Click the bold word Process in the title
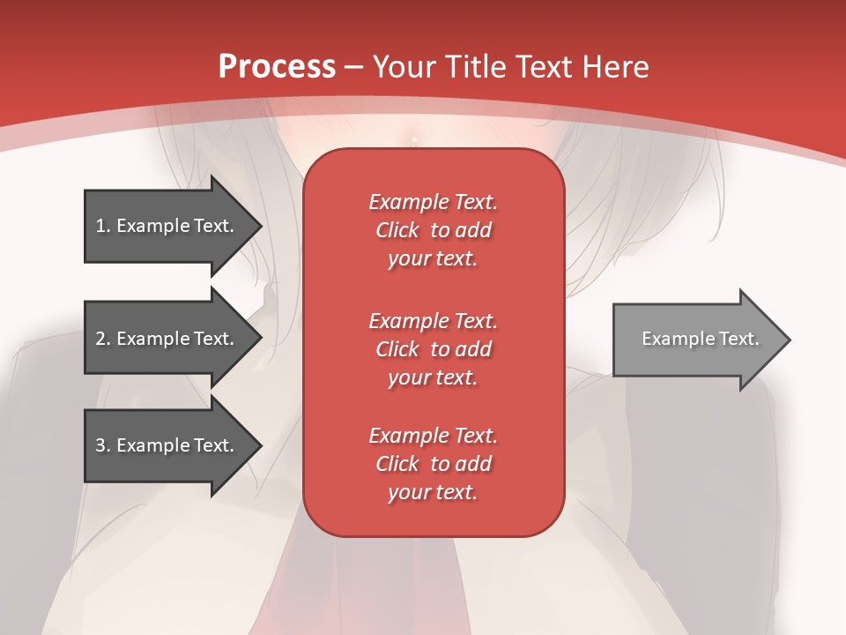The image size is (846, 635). pos(277,67)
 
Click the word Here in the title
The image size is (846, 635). pos(616,67)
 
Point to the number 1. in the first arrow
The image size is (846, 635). pos(103,226)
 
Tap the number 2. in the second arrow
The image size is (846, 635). pos(103,339)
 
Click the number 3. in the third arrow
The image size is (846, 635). pos(103,445)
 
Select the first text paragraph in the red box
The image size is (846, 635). pos(433,230)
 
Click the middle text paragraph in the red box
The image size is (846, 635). pos(433,349)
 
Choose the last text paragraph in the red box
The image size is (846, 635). pos(433,464)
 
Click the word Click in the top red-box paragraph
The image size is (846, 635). pos(397,230)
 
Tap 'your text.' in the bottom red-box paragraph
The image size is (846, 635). pos(433,492)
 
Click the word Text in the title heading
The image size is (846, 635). pos(544,67)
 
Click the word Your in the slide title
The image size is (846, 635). pos(404,67)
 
